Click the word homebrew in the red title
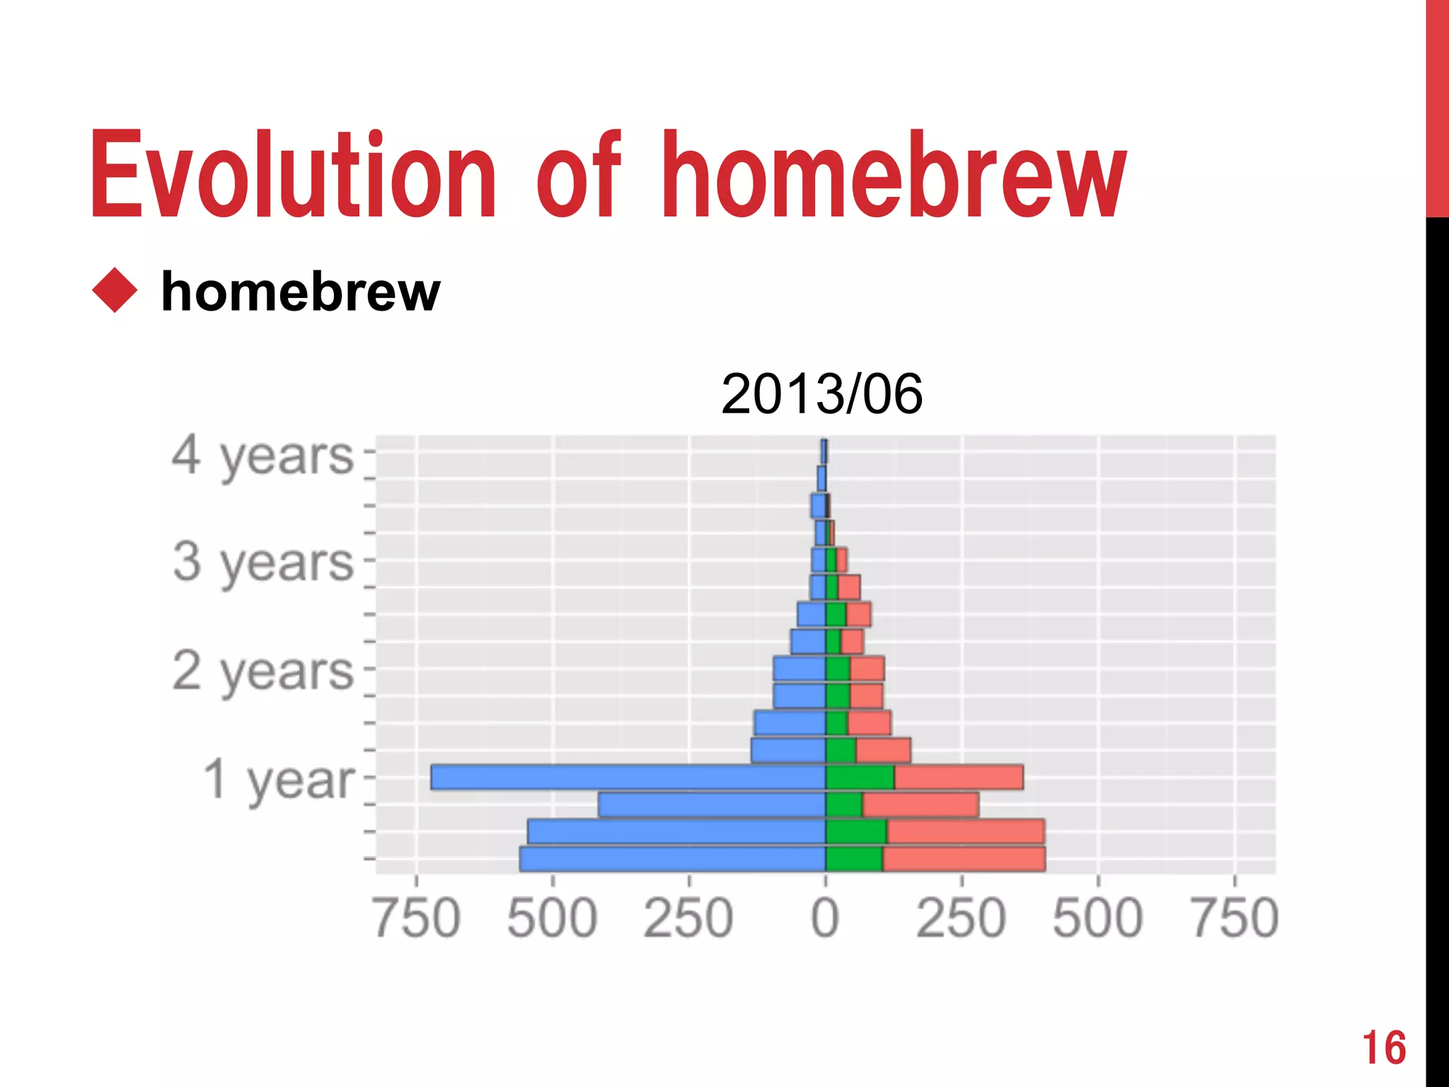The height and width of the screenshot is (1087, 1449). pyautogui.click(x=893, y=175)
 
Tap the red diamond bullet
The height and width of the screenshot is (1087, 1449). pyautogui.click(x=115, y=290)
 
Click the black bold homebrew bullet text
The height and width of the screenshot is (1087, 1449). pyautogui.click(x=301, y=292)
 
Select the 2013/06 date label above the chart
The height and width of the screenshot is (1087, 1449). pyautogui.click(x=821, y=394)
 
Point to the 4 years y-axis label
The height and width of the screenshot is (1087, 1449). pyautogui.click(x=262, y=456)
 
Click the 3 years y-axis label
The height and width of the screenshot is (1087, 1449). pyautogui.click(x=262, y=563)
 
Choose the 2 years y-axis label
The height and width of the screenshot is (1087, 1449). pyautogui.click(x=262, y=671)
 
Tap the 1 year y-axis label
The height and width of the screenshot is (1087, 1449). pyautogui.click(x=279, y=779)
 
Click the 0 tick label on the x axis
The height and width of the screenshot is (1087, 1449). pyautogui.click(x=825, y=918)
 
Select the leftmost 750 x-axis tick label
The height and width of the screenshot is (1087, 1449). pyautogui.click(x=417, y=918)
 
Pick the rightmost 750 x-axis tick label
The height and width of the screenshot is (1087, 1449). pyautogui.click(x=1235, y=918)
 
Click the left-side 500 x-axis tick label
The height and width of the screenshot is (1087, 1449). pyautogui.click(x=553, y=918)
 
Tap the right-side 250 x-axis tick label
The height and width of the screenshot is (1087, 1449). pyautogui.click(x=961, y=918)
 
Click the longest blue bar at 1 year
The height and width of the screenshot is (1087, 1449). pyautogui.click(x=628, y=777)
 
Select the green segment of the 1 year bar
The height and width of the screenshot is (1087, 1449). pyautogui.click(x=860, y=777)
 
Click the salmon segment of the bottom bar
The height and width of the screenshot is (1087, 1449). pyautogui.click(x=964, y=858)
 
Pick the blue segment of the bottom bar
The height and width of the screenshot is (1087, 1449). pyautogui.click(x=672, y=858)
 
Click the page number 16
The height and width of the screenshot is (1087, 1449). pyautogui.click(x=1384, y=1048)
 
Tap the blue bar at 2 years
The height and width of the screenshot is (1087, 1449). pyautogui.click(x=799, y=669)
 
